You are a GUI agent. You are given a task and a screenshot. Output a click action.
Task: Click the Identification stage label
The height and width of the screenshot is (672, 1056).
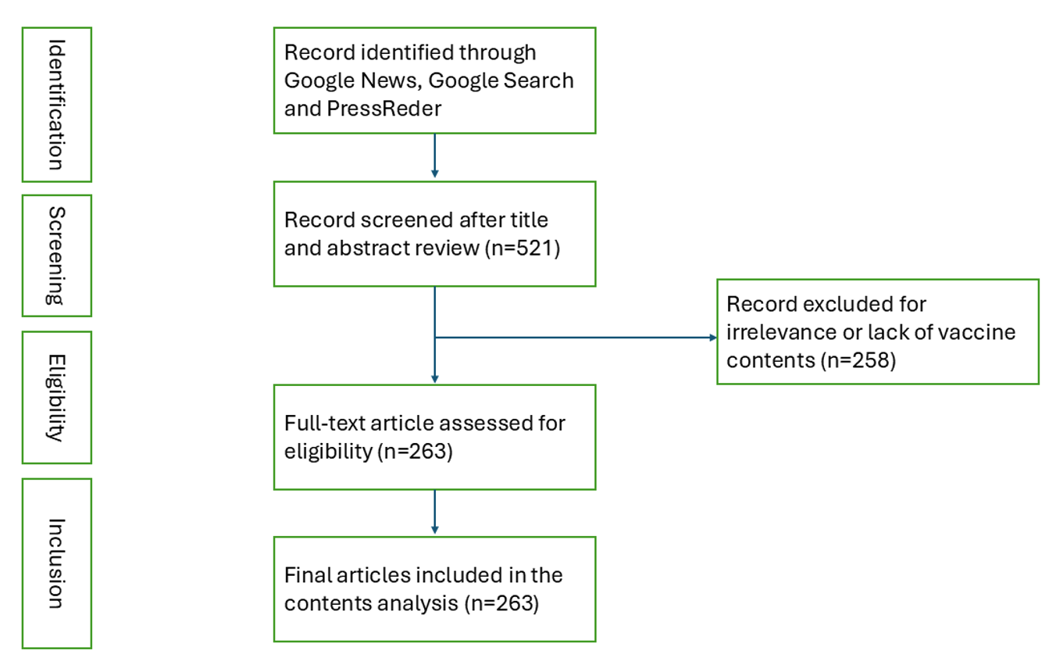[56, 104]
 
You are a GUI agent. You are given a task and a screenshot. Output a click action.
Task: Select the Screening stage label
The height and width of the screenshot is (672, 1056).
[56, 256]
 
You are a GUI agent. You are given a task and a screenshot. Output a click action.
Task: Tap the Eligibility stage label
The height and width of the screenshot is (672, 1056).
[56, 397]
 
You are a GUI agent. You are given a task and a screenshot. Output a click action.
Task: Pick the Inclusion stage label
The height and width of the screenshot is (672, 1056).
[56, 563]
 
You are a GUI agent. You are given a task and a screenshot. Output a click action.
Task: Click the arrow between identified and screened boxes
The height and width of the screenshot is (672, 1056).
[434, 156]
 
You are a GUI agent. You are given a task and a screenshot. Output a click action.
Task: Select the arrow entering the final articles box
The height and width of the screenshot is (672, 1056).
[434, 512]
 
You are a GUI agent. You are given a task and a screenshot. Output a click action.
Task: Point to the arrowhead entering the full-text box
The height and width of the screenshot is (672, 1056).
[434, 379]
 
